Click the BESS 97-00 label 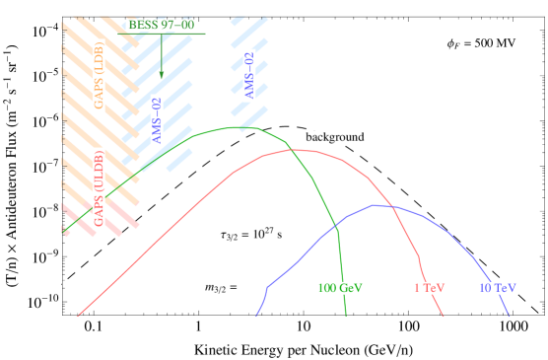[x=162, y=24]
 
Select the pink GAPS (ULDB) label [x=100, y=191]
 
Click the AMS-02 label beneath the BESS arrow [x=157, y=120]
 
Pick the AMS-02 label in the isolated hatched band [x=249, y=76]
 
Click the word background [x=334, y=137]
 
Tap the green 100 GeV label [x=340, y=288]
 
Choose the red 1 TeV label [x=429, y=288]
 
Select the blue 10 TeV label [x=497, y=288]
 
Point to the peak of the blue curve [x=376, y=205]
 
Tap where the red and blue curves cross [x=392, y=207]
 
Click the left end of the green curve [x=64, y=233]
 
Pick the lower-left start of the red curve [x=78, y=317]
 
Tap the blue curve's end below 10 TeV [x=510, y=317]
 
